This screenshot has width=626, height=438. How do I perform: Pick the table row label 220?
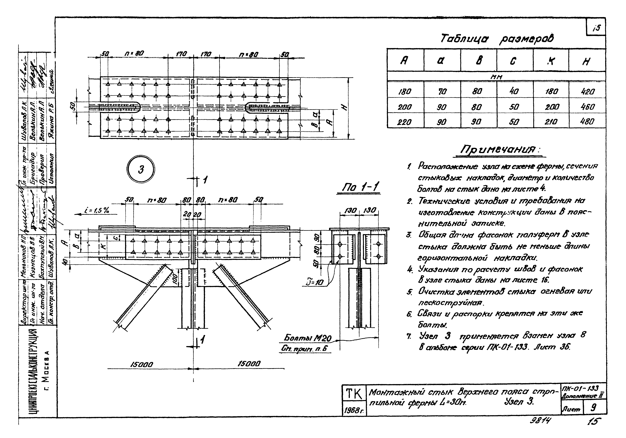pos(405,122)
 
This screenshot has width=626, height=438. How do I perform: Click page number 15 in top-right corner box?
pos(596,28)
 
